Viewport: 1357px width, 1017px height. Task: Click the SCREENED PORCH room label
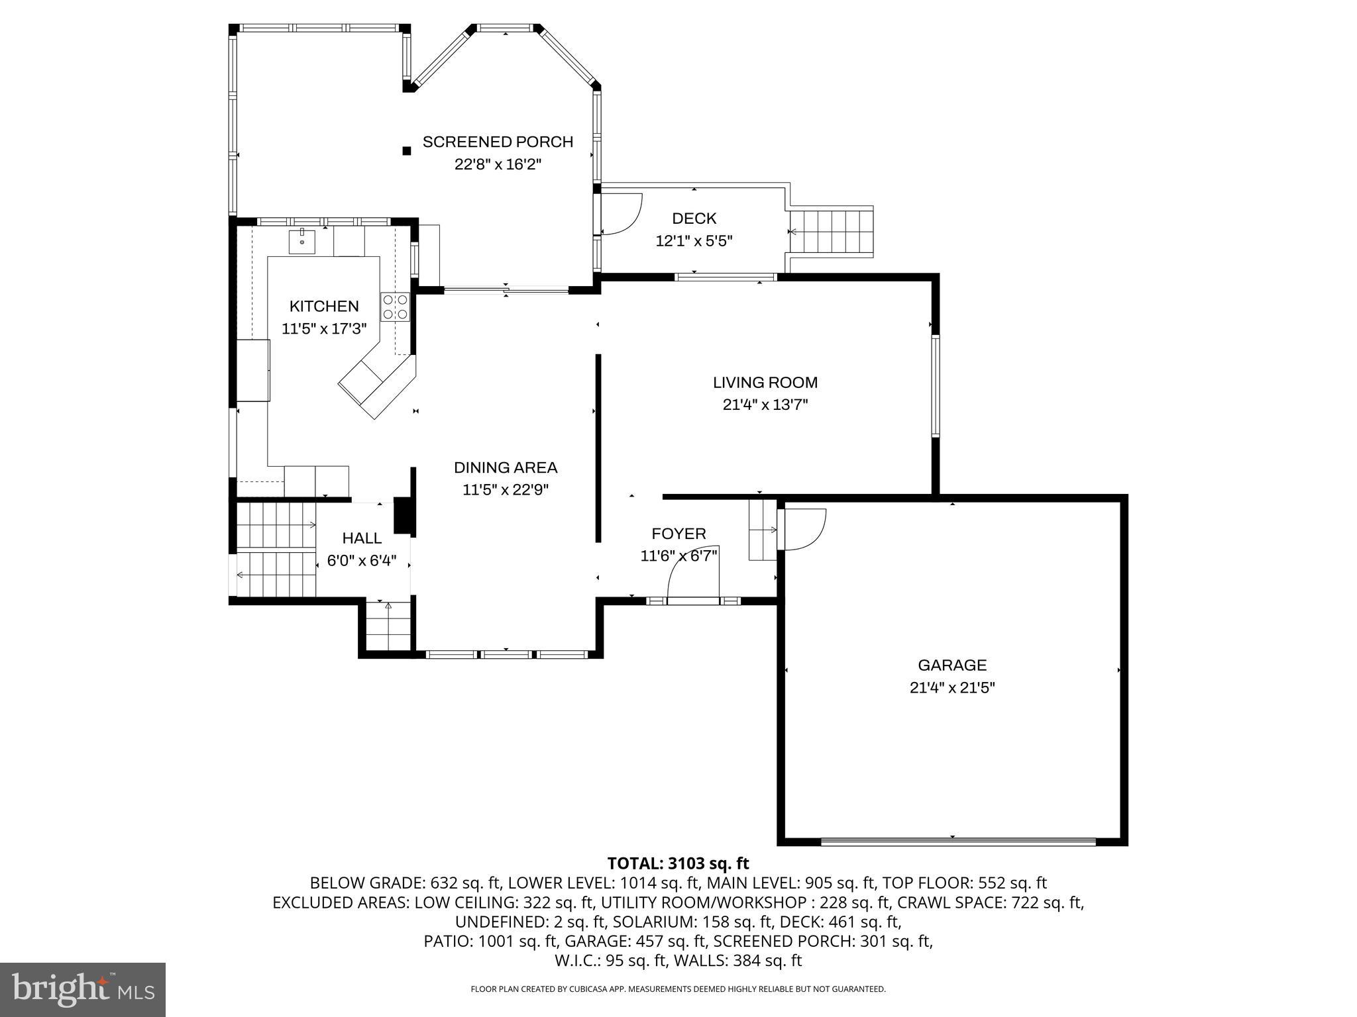(x=498, y=142)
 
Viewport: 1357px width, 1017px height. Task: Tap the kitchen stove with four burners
(x=395, y=307)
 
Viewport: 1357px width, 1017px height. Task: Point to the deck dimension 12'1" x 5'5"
(x=694, y=241)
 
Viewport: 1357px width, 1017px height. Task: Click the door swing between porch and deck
(x=622, y=213)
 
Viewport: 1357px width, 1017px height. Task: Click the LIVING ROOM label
(x=765, y=382)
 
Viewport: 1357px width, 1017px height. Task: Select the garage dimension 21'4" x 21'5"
(x=952, y=687)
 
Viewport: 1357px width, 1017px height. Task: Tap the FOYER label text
(x=678, y=534)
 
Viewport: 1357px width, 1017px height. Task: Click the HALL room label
(x=362, y=538)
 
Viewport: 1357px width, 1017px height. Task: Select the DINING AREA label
(x=506, y=467)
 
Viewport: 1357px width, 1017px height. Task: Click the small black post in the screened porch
(x=407, y=151)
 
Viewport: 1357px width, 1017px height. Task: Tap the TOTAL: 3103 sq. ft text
(x=678, y=863)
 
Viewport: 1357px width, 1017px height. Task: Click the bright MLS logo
(x=83, y=990)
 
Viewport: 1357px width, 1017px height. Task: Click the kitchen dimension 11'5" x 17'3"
(x=324, y=328)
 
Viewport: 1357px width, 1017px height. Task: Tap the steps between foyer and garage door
(x=763, y=530)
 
